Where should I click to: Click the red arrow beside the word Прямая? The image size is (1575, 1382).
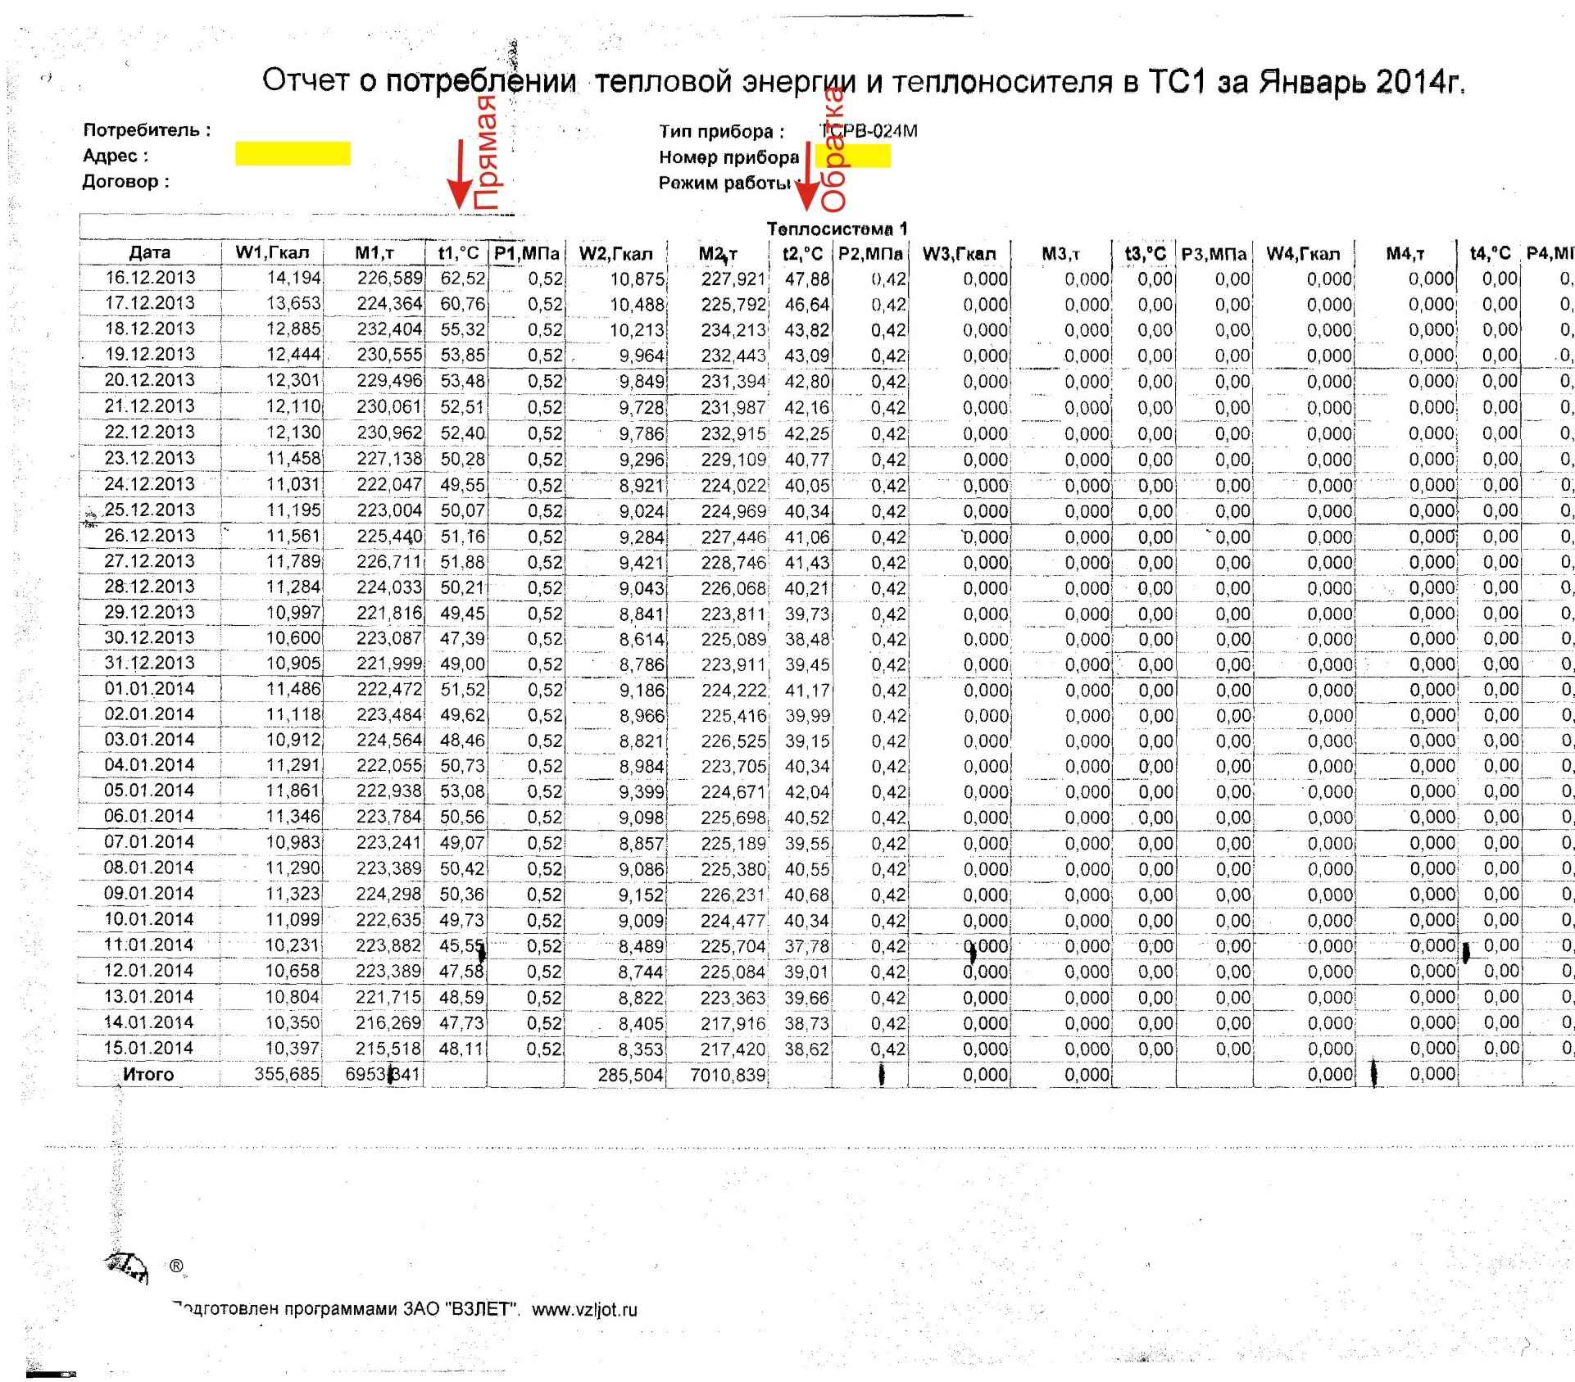tap(460, 177)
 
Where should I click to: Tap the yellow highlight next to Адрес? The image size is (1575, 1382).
tap(293, 154)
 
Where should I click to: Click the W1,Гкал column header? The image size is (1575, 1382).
tap(272, 252)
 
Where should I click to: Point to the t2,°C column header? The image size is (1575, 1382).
tap(802, 254)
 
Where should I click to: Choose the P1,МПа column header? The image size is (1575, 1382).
tap(526, 253)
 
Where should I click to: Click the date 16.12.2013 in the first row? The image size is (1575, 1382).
tap(150, 278)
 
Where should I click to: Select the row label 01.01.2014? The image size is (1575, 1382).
tap(149, 689)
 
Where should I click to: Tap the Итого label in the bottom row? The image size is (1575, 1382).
tap(148, 1074)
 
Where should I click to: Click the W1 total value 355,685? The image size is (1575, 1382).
tap(287, 1074)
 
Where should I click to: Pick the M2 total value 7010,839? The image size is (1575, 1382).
tap(728, 1075)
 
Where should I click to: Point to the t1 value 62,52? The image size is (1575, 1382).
tap(463, 279)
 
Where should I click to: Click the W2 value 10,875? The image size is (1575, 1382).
tap(637, 279)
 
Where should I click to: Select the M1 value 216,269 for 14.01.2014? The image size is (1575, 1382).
tap(388, 1023)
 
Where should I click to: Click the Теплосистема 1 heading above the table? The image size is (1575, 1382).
tap(837, 229)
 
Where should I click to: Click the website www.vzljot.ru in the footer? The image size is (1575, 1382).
tap(584, 1309)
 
